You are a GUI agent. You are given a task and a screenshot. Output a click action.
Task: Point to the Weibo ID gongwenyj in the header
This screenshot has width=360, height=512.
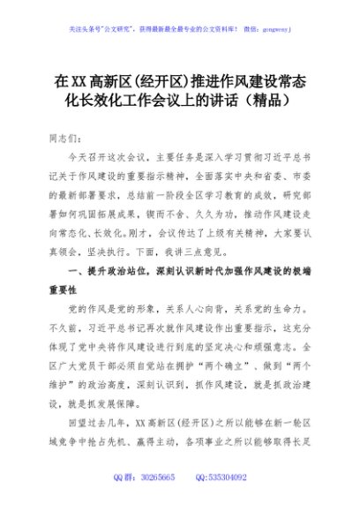point(271,27)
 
